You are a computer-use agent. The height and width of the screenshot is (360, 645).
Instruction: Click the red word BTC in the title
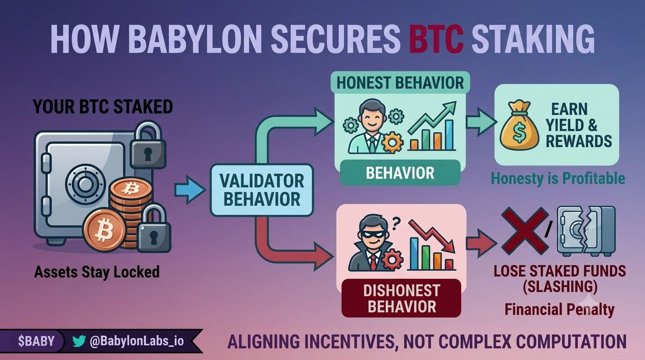point(436,39)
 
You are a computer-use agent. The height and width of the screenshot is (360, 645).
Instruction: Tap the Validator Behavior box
point(262,190)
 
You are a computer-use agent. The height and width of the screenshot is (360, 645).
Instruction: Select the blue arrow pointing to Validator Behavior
point(190,190)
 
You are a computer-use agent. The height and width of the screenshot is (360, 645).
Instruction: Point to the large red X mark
point(525,231)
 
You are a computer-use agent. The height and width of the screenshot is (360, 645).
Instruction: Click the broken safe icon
point(586,231)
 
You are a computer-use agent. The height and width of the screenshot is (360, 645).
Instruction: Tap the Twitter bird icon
point(79,341)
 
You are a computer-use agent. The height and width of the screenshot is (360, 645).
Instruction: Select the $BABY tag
point(36,341)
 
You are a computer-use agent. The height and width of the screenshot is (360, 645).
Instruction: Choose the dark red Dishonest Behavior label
point(401,298)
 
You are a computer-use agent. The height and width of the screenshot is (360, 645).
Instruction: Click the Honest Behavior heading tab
point(400,82)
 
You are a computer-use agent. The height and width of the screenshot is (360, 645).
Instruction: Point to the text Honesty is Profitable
point(558,179)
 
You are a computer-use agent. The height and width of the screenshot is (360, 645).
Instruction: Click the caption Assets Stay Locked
point(97,271)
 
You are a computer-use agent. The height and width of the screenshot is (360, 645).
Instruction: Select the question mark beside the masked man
point(396,223)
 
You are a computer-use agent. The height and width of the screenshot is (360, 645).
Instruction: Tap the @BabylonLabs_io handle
point(137,341)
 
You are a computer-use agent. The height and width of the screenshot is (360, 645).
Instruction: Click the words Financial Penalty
point(560,309)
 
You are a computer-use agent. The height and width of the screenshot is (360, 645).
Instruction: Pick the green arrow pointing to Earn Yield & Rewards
point(481,122)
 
